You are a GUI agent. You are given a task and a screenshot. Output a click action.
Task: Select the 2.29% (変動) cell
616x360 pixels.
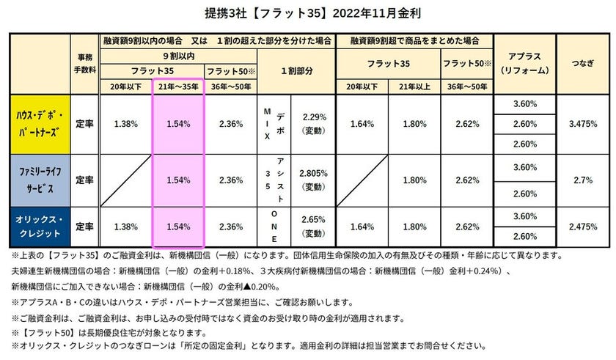coord(313,124)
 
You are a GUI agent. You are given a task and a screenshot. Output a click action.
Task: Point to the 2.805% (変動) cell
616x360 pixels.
coord(313,180)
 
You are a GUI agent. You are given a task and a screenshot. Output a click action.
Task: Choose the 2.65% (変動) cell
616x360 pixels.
coord(313,227)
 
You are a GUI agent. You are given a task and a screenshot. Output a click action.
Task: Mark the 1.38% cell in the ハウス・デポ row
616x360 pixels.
coord(125,124)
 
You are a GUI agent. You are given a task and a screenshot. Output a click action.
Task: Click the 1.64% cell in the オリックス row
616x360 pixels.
coord(362,227)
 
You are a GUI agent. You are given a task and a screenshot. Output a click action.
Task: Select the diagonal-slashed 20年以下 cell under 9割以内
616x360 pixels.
coord(125,180)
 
